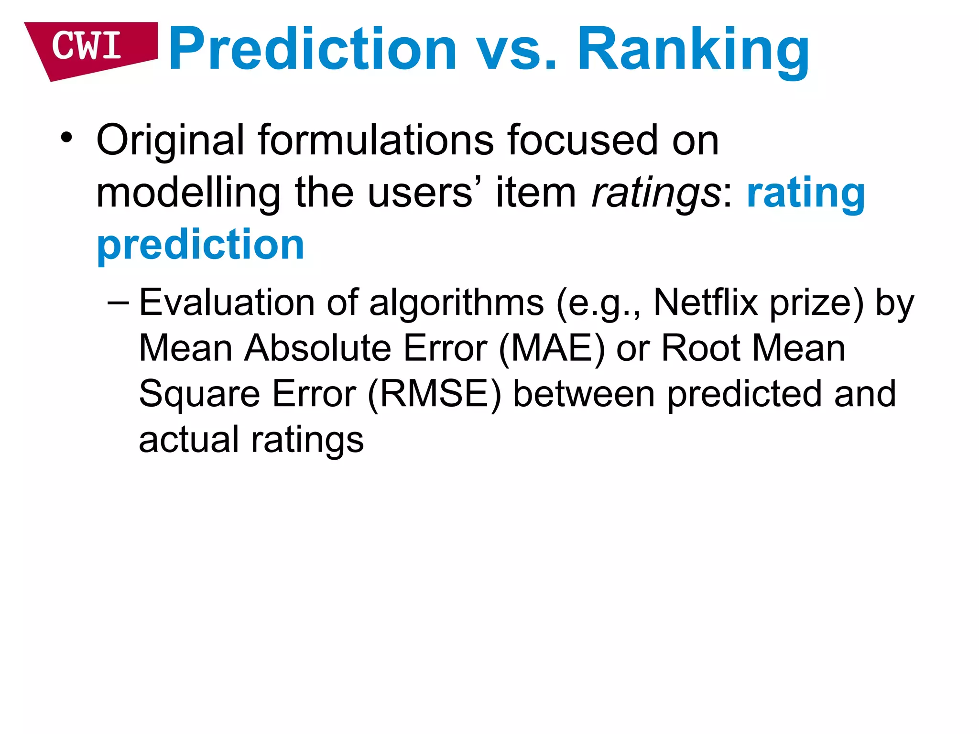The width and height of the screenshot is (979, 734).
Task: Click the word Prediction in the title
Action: [313, 50]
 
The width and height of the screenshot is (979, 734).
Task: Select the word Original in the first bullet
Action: [170, 140]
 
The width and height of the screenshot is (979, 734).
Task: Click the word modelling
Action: [188, 193]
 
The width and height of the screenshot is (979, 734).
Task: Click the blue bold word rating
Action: [806, 194]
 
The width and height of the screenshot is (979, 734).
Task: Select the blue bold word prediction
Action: [200, 246]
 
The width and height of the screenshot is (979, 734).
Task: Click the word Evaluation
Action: [227, 302]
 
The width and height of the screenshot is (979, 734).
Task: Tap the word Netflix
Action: [705, 302]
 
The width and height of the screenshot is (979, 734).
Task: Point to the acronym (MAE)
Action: [552, 348]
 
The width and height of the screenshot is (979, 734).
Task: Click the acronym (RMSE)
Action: [435, 394]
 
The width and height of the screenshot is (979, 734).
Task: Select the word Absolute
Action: [318, 348]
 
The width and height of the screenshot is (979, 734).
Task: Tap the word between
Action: [584, 394]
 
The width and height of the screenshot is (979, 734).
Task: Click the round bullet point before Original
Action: [66, 139]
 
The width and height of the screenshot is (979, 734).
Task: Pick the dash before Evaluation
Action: [118, 302]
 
